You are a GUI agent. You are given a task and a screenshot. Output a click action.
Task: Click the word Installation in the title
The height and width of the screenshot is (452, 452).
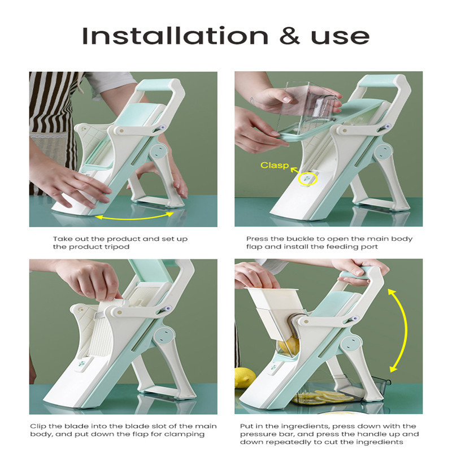175,36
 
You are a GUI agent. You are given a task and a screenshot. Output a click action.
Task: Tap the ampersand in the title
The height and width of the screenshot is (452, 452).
290,36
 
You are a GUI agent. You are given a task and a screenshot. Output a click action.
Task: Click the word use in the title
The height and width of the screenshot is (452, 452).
340,37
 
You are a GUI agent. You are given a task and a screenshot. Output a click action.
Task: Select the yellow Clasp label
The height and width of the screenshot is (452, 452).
275,165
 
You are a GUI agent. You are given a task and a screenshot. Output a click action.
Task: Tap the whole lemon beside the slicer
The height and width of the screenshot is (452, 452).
245,377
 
